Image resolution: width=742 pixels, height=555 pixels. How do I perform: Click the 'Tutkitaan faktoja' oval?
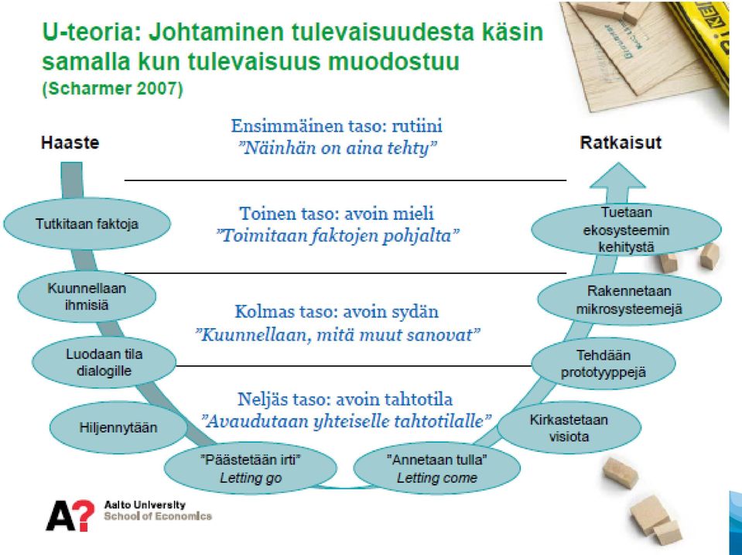pyautogui.click(x=87, y=224)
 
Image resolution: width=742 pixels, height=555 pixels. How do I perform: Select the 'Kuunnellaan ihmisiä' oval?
pyautogui.click(x=87, y=296)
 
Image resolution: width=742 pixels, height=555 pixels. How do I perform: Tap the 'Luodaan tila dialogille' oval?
pyautogui.click(x=104, y=362)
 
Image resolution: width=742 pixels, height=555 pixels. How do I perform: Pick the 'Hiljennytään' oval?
pyautogui.click(x=118, y=427)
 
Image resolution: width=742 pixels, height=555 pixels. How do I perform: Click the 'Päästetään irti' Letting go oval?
pyautogui.click(x=251, y=468)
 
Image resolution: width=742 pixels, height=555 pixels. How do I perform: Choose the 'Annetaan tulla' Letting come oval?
pyautogui.click(x=437, y=468)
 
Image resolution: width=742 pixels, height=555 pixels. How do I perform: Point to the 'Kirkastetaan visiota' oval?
pyautogui.click(x=569, y=427)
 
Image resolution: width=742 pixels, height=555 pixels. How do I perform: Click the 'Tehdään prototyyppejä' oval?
pyautogui.click(x=604, y=363)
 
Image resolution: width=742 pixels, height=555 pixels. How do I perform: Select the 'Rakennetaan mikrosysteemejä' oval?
pyautogui.click(x=629, y=300)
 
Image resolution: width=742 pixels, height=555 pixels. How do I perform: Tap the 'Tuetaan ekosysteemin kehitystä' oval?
pyautogui.click(x=626, y=229)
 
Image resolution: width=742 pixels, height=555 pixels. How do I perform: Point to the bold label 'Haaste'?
pyautogui.click(x=70, y=142)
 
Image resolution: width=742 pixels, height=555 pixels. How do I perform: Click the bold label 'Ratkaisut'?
pyautogui.click(x=621, y=142)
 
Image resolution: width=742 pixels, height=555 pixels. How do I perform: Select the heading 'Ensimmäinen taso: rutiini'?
pyautogui.click(x=337, y=126)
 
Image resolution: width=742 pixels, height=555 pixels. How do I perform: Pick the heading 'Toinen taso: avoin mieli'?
pyautogui.click(x=337, y=214)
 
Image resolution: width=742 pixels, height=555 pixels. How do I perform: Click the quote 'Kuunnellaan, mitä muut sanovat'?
pyautogui.click(x=337, y=335)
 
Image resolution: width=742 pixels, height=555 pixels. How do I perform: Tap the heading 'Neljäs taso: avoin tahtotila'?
pyautogui.click(x=345, y=399)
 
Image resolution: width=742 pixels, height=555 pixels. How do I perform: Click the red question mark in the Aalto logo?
pyautogui.click(x=85, y=516)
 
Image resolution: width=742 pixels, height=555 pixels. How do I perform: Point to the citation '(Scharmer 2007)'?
pyautogui.click(x=113, y=89)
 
